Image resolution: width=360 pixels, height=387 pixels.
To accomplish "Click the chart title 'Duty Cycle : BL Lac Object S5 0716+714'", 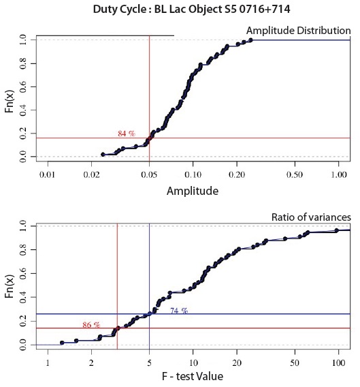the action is pos(192,10).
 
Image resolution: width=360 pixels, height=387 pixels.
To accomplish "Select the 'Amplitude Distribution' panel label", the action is pos(298,31).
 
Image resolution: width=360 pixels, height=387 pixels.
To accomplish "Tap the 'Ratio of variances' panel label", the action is pos(311,217).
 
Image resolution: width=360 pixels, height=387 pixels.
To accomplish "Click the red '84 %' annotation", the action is pos(127,134).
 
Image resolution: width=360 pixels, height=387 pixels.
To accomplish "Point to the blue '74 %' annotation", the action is pos(179,311).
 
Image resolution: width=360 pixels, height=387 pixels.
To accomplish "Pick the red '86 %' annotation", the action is pos(91,325).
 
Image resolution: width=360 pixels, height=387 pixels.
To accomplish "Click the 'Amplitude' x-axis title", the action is pos(193,191).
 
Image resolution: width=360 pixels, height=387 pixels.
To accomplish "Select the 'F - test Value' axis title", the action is pos(193,376).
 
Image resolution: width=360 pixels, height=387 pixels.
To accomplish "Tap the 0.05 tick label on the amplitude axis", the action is pos(149,174).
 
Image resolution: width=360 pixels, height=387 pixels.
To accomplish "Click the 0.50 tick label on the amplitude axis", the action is pos(295,174).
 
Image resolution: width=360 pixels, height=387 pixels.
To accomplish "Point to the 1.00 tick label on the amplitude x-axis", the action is pos(338,174).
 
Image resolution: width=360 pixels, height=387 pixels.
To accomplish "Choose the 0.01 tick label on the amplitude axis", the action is pos(48,174).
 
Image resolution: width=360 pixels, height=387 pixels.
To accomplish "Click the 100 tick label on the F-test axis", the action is pos(338,363).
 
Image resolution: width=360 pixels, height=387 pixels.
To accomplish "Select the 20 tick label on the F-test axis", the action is pos(237,363).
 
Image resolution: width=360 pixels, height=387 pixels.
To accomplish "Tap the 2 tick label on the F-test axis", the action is pos(91,363).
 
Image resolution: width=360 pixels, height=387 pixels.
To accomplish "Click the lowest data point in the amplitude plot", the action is pos(103,155).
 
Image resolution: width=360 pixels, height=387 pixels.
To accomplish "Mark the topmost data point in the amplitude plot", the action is pos(250,40).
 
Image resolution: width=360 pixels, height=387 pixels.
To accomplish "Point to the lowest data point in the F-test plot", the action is pos(62,343).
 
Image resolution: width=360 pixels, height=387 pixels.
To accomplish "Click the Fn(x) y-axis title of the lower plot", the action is pos(10,286).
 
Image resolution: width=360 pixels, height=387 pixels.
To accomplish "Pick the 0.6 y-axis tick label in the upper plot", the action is pos(22,87).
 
